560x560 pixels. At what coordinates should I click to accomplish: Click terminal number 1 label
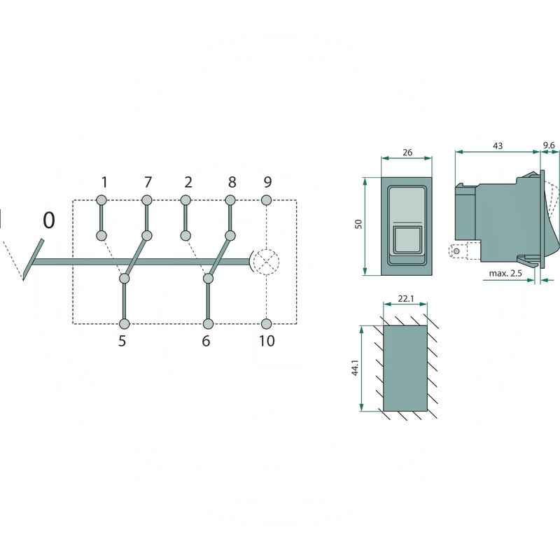[x=104, y=183]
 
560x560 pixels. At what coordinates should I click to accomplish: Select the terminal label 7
[x=148, y=183]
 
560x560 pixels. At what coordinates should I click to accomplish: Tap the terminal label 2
[x=188, y=183]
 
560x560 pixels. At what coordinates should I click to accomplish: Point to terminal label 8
[x=232, y=183]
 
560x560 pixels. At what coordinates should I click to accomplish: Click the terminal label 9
[x=267, y=183]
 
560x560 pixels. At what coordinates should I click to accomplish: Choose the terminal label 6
[x=206, y=342]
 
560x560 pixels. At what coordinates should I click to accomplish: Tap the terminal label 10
[x=267, y=342]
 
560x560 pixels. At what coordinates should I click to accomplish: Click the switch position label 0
[x=48, y=220]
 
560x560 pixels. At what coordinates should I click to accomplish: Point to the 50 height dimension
[x=358, y=225]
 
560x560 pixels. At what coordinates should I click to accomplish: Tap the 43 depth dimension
[x=498, y=146]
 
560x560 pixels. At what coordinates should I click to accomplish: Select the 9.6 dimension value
[x=549, y=146]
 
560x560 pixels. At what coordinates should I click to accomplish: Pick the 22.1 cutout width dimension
[x=405, y=299]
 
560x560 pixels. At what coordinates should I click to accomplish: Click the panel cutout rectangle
[x=405, y=368]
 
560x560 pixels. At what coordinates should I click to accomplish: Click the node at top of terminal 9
[x=266, y=201]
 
